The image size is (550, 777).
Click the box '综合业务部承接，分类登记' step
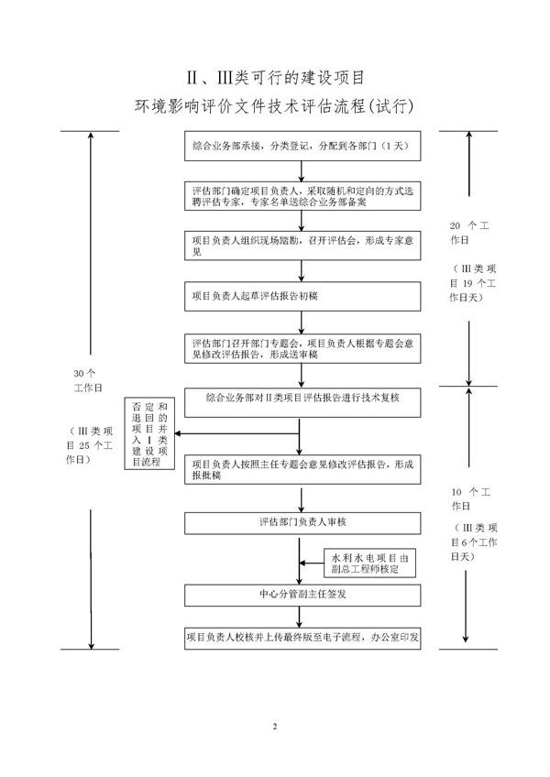(x=302, y=147)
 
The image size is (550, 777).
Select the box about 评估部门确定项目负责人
(x=302, y=194)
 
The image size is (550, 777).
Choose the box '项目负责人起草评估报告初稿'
(x=302, y=296)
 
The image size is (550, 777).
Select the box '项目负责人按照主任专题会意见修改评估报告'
(x=302, y=469)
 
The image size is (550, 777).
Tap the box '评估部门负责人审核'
(x=302, y=522)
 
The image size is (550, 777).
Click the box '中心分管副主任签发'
(x=302, y=594)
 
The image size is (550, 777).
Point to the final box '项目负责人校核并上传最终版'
(x=302, y=638)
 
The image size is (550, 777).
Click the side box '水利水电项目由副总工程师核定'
(x=373, y=563)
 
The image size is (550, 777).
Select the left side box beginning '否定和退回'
(x=150, y=434)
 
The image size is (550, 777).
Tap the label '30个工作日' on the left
(x=90, y=379)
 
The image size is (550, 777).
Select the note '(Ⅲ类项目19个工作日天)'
(x=473, y=281)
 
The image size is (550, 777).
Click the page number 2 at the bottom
(x=274, y=727)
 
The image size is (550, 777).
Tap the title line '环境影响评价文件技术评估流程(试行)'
(x=275, y=107)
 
